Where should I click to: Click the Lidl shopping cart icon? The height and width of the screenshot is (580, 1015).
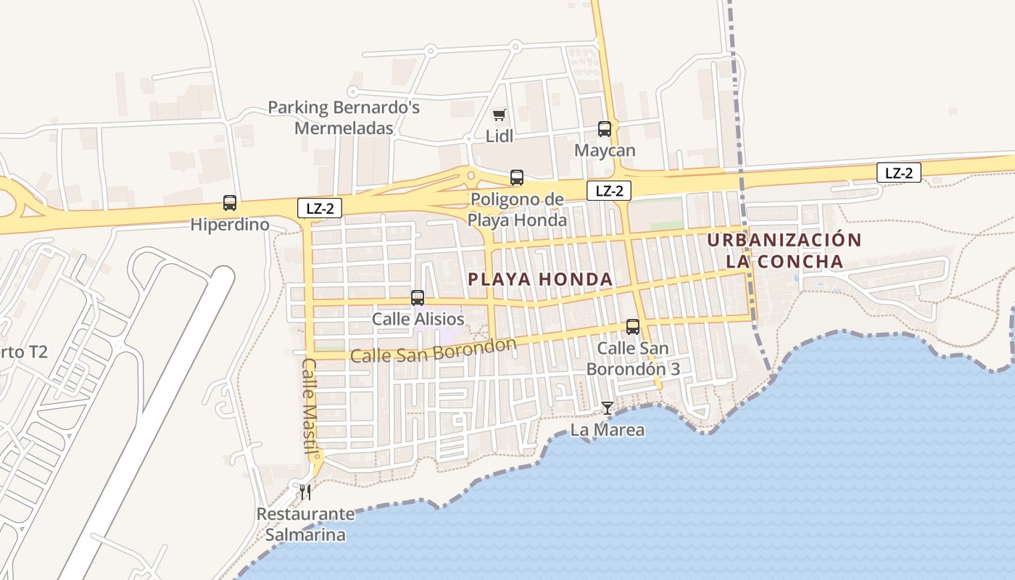(499, 115)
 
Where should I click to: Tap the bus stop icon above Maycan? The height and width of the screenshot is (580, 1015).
(605, 129)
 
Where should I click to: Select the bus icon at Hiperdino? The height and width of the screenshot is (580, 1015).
(230, 203)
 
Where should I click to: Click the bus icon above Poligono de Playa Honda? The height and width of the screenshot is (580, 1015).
(517, 177)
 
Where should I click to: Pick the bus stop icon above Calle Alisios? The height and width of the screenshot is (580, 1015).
(418, 297)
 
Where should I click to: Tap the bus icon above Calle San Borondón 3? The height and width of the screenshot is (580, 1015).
(633, 327)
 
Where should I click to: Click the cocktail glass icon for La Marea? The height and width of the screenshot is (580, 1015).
(608, 408)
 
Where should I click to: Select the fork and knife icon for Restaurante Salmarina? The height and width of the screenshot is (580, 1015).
(305, 492)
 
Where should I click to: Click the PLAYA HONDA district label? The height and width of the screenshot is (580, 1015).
(540, 279)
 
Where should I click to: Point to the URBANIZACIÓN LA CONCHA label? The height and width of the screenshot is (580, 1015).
(784, 250)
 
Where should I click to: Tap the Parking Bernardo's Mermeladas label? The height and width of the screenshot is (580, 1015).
(344, 118)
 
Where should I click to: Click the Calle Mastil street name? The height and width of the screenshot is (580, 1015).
(310, 407)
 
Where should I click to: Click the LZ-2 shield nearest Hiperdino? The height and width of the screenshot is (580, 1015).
(320, 208)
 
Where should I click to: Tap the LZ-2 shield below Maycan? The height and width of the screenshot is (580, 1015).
(609, 191)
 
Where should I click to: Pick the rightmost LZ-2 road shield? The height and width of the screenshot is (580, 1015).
(899, 173)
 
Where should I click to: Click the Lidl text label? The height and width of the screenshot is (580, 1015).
(500, 136)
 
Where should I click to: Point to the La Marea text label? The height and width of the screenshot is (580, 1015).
(608, 430)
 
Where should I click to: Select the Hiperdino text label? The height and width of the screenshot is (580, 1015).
(230, 225)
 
